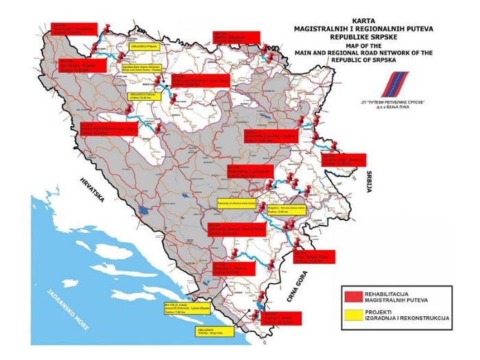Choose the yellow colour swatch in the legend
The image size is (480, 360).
[353, 313]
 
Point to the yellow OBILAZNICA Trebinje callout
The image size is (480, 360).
[211, 329]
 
